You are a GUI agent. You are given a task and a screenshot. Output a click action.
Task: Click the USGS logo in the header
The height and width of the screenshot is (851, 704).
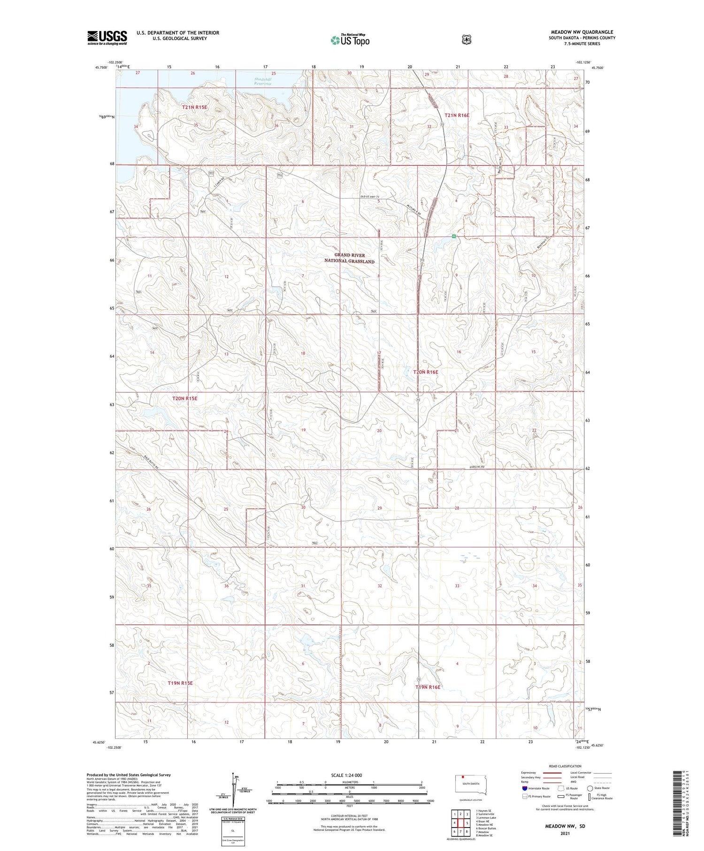(x=107, y=38)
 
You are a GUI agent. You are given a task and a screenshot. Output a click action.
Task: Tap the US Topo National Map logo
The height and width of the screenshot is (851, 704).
(x=350, y=40)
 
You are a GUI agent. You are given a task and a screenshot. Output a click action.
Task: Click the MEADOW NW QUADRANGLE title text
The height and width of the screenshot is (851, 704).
(x=582, y=32)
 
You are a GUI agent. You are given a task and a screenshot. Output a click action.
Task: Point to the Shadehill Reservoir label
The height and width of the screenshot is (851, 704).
(x=263, y=82)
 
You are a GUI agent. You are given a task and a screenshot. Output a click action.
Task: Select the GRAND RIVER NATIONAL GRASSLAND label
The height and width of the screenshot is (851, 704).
(x=350, y=258)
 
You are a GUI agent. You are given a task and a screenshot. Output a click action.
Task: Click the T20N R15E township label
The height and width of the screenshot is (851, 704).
(x=185, y=399)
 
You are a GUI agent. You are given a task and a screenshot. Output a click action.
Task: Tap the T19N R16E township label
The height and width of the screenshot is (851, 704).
(x=428, y=687)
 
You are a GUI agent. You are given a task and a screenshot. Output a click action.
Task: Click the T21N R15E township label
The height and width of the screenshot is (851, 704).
(x=194, y=107)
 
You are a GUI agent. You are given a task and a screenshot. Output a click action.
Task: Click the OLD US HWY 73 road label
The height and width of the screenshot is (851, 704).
(x=369, y=196)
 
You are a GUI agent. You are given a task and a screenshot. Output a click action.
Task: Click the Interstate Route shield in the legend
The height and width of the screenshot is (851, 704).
(x=525, y=788)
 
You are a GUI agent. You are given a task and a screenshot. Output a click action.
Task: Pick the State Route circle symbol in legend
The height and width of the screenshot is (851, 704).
(x=590, y=788)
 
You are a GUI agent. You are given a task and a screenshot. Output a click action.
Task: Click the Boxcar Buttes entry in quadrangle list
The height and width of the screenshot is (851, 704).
(x=486, y=828)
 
